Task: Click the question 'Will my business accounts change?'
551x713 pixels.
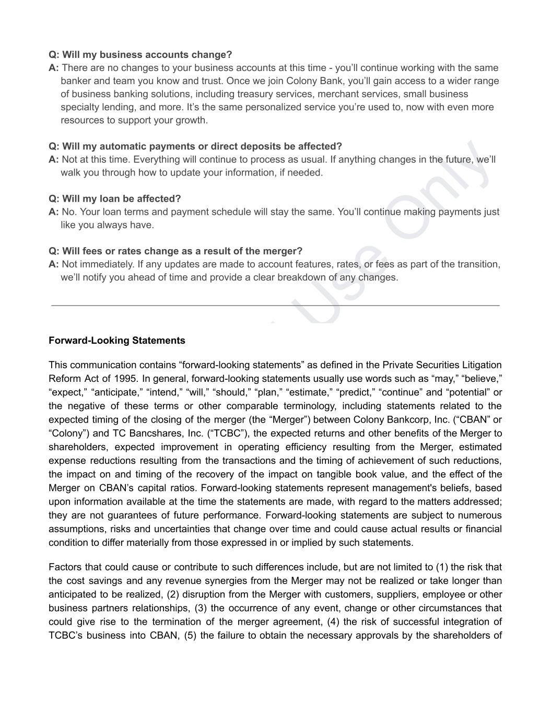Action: coord(140,55)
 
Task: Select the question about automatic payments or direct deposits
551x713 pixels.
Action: coord(195,146)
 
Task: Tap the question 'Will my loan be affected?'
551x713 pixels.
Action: coord(115,199)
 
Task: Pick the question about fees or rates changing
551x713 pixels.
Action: coord(175,251)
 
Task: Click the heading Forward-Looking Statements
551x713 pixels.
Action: coord(117,341)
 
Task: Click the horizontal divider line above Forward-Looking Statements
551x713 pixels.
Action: coord(275,305)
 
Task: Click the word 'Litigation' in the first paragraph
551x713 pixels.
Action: coord(478,365)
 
